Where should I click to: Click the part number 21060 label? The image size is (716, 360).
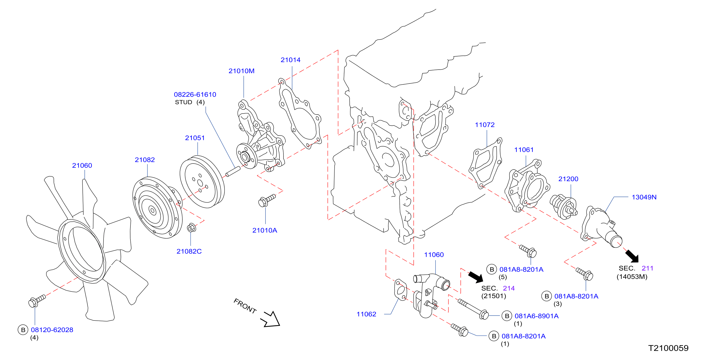click(x=82, y=166)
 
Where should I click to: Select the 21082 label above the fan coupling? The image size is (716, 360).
click(x=145, y=160)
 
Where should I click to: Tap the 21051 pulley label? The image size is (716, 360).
click(x=195, y=138)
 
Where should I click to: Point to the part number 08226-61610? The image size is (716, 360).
click(x=195, y=95)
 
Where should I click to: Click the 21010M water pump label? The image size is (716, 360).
click(x=241, y=71)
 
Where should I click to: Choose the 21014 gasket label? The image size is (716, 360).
click(x=290, y=60)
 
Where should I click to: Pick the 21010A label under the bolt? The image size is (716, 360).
click(x=265, y=230)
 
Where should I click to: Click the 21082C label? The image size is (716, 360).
click(x=189, y=252)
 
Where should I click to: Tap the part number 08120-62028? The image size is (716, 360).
click(x=52, y=330)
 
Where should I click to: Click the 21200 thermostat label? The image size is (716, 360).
click(x=568, y=179)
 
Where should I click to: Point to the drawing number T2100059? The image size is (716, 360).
click(x=668, y=348)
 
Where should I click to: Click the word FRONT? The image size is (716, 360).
click(x=245, y=306)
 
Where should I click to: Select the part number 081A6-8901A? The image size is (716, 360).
click(x=536, y=316)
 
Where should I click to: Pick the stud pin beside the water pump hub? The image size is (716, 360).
click(x=233, y=171)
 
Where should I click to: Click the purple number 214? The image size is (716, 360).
click(x=509, y=288)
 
